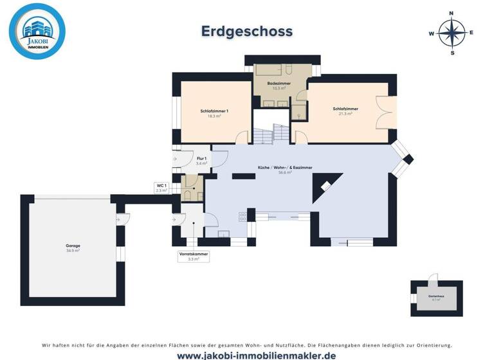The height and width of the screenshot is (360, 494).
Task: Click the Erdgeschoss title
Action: point(247,31)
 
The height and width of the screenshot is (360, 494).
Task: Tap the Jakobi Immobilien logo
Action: point(37,32)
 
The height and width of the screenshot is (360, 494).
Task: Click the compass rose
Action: point(452,32)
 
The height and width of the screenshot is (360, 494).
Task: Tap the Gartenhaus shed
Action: point(436,298)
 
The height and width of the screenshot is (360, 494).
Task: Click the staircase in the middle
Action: point(273,134)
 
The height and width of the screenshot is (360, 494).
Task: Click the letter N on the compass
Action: point(452,12)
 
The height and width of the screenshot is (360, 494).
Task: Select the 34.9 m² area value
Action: point(73,251)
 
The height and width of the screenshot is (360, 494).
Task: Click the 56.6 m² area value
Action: point(285,173)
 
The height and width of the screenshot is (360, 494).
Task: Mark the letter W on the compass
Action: point(432,33)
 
